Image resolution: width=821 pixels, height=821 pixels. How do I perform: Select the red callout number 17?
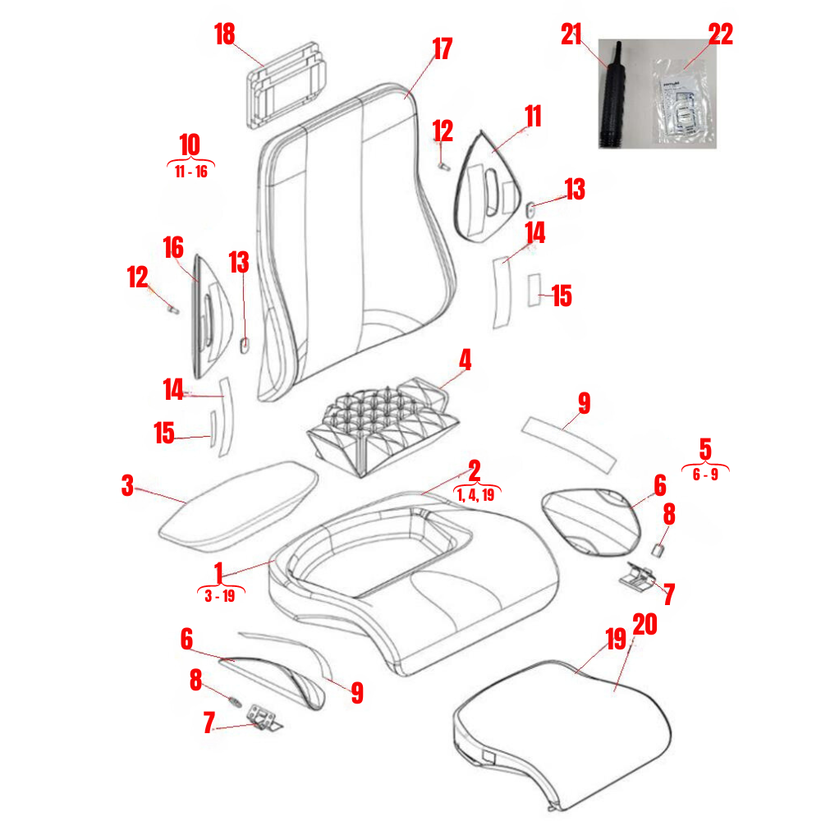[x=442, y=49]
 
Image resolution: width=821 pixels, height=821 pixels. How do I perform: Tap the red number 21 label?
[x=571, y=34]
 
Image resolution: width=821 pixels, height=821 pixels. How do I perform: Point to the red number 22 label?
[x=720, y=34]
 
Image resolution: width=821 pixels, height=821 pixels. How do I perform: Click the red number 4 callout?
[x=465, y=360]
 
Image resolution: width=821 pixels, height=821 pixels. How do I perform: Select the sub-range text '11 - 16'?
[x=190, y=172]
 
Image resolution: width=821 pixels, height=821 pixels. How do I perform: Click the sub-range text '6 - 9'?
[x=705, y=475]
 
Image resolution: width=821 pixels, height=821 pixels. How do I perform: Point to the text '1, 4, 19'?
[x=476, y=495]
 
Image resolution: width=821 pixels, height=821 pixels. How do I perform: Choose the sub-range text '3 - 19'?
[x=219, y=597]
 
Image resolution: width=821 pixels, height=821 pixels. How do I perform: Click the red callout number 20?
[x=646, y=626]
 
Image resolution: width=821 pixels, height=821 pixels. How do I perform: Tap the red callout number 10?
[x=190, y=144]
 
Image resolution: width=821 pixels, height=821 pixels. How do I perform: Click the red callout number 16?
[x=172, y=246]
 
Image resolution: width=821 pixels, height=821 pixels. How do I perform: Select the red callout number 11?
[x=533, y=116]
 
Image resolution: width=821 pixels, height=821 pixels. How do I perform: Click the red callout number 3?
[x=127, y=486]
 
